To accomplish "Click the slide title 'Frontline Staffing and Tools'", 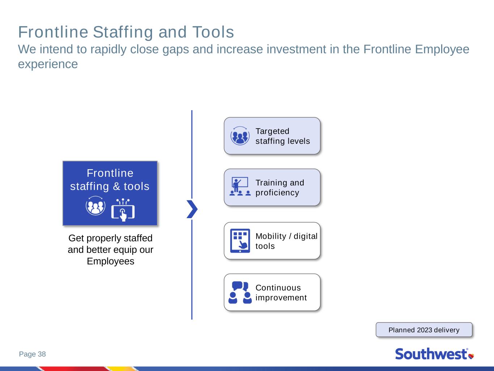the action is click(x=126, y=32).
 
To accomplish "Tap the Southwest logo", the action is click(x=435, y=354).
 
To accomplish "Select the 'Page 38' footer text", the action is click(x=33, y=354).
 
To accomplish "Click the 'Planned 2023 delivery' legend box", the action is click(x=424, y=330).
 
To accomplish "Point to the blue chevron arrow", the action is click(x=192, y=209).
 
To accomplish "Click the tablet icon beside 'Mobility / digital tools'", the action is click(x=240, y=241).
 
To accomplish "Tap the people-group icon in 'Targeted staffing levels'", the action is click(x=240, y=136).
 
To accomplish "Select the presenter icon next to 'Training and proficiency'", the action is click(x=240, y=186).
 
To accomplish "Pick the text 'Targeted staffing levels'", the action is click(x=283, y=136).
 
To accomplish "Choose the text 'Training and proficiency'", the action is click(x=280, y=187).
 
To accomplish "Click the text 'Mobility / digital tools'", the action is click(x=287, y=241).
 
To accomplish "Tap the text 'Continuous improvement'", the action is click(x=281, y=293).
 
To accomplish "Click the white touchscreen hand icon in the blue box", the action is click(x=123, y=210).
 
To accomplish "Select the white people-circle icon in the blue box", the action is click(x=96, y=205).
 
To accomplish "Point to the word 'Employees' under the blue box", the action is click(x=110, y=261).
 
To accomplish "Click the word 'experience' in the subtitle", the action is click(x=48, y=64).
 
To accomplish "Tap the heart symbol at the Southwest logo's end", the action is click(x=471, y=356).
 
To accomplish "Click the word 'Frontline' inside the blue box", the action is click(x=110, y=173).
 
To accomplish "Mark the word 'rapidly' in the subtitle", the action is click(x=109, y=50).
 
